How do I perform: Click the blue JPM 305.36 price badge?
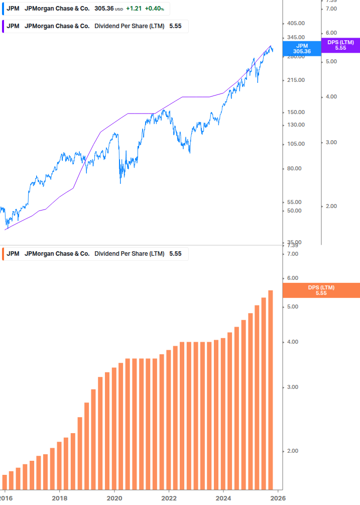[x=302, y=48]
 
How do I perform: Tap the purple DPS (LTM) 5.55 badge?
[x=340, y=45]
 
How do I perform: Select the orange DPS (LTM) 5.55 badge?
[x=321, y=290]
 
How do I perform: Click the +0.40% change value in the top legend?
[x=155, y=9]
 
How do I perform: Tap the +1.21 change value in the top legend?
[x=134, y=9]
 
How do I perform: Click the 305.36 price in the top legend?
[x=104, y=9]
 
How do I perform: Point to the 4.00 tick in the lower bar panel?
[x=292, y=342]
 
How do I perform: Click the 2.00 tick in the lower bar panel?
[x=292, y=451]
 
